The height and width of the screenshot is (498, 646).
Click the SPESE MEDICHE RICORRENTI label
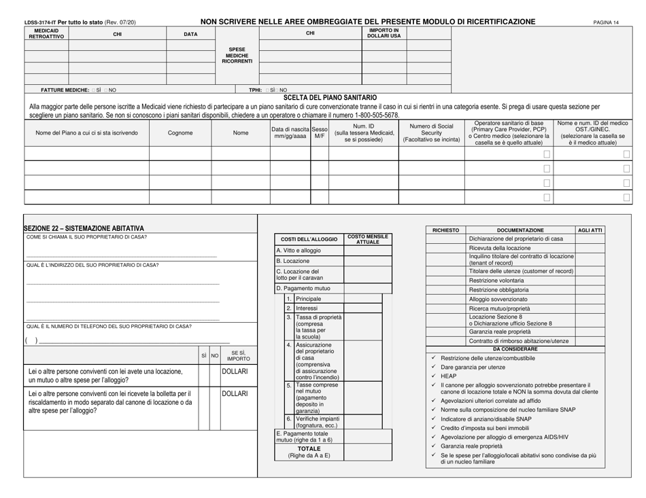(237, 56)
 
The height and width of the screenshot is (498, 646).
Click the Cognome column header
(180, 132)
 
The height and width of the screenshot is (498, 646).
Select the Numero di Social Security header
(430, 132)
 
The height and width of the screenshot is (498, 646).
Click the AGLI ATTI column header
(590, 230)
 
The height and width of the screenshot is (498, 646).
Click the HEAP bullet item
(448, 376)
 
